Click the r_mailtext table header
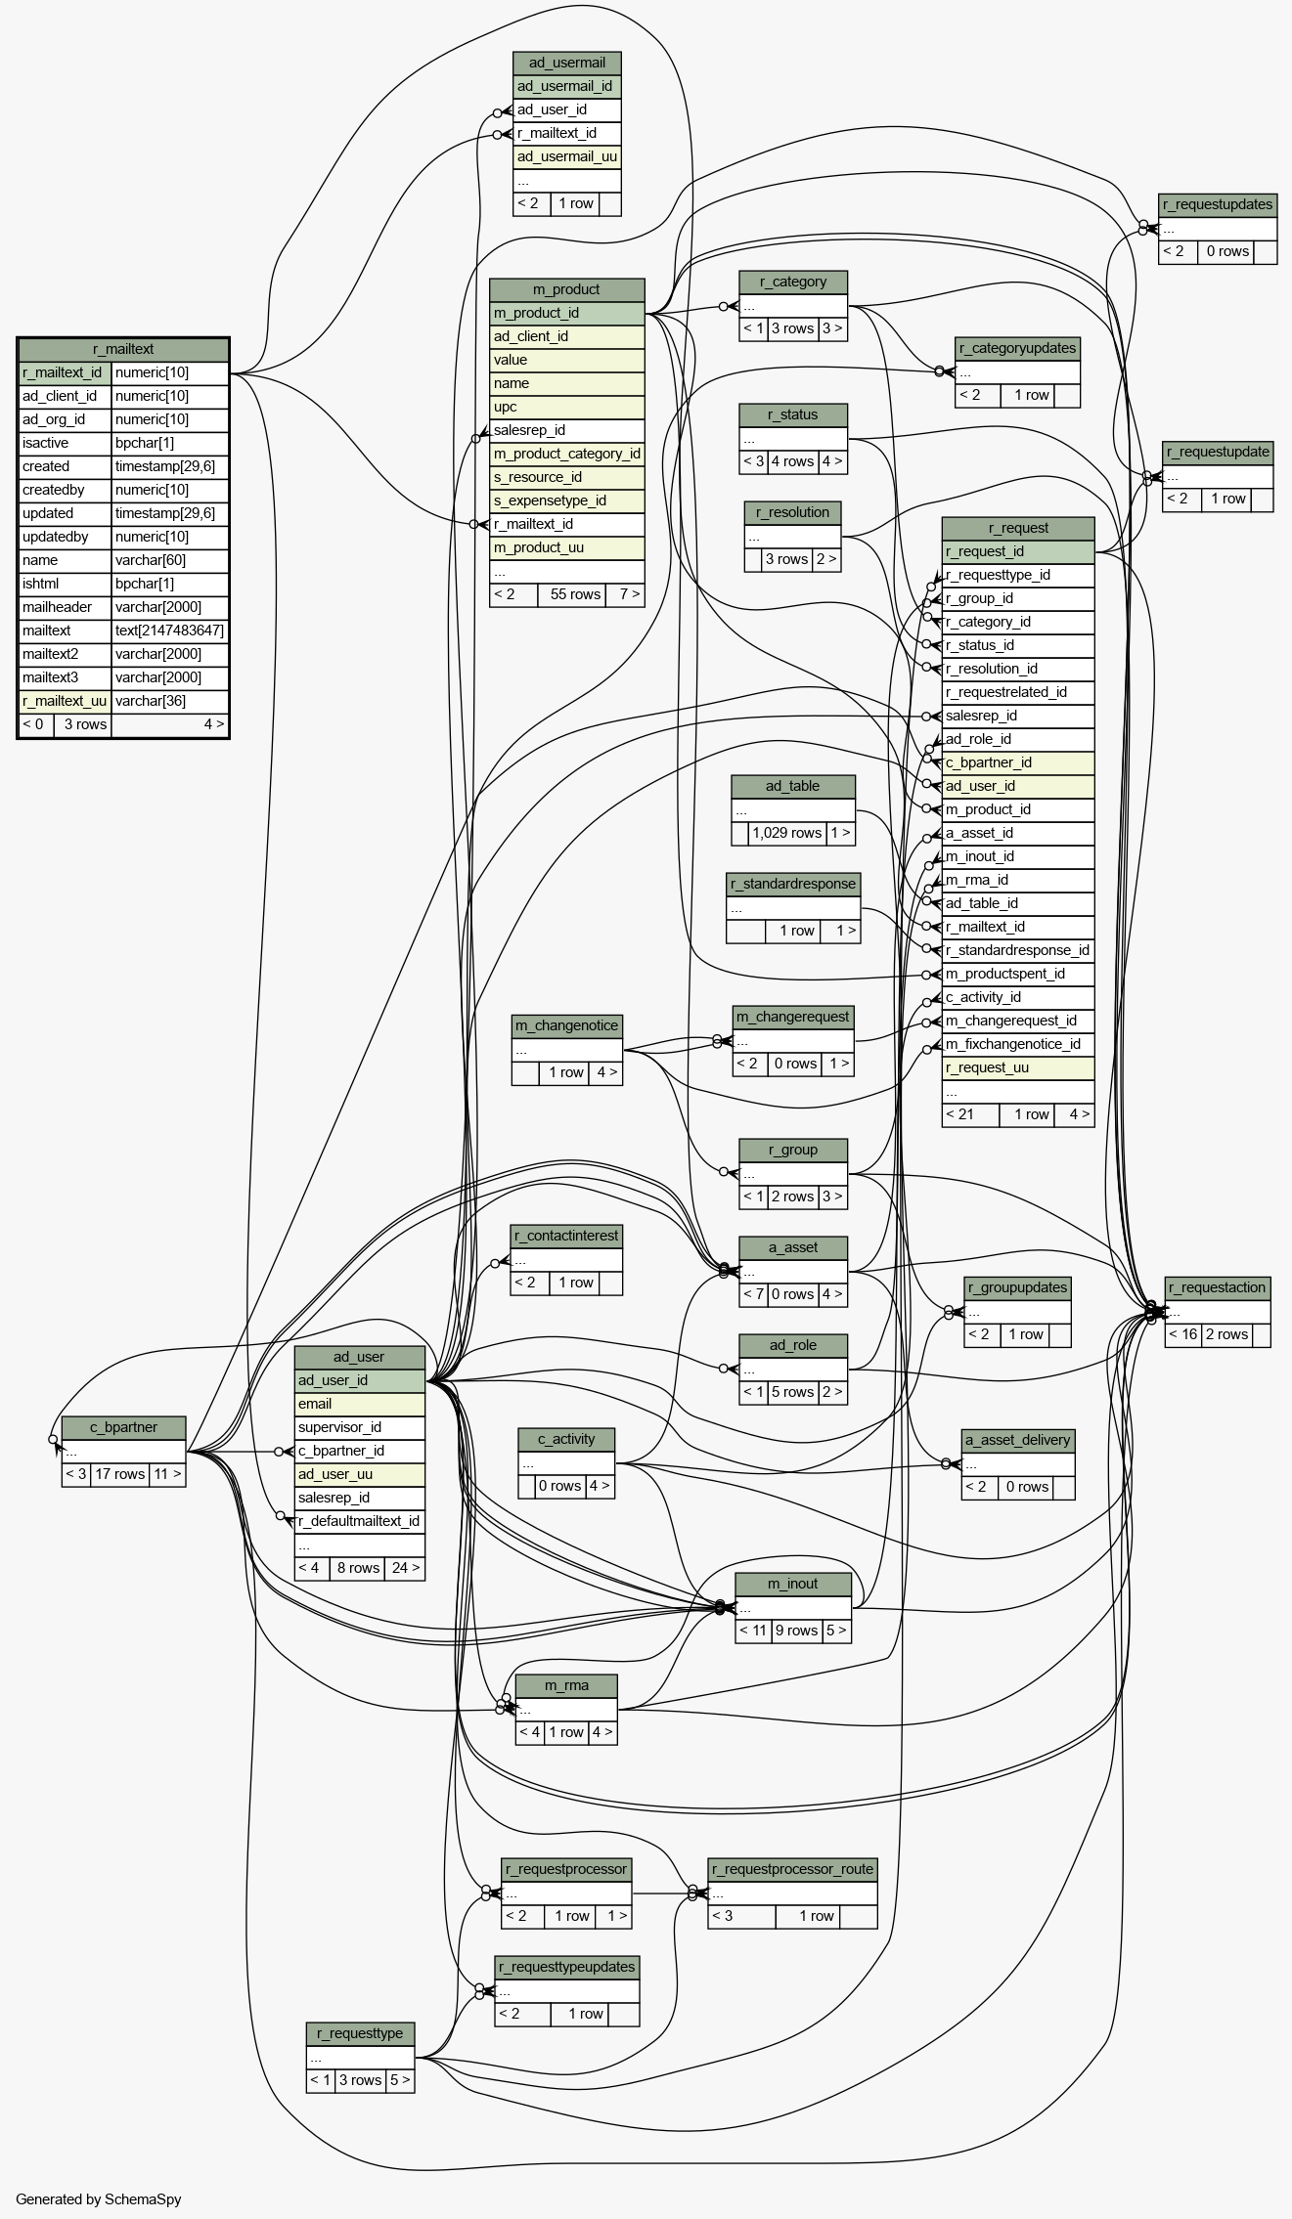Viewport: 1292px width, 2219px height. click(123, 349)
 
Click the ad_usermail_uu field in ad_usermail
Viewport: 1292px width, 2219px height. click(567, 156)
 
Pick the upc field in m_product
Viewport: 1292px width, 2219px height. click(505, 407)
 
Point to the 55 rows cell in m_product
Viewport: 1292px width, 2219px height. click(575, 594)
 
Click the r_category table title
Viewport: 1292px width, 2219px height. click(793, 282)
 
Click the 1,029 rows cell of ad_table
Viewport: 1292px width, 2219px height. click(787, 833)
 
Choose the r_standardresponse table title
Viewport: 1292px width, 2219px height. click(793, 884)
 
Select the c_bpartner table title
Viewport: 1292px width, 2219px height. click(123, 1427)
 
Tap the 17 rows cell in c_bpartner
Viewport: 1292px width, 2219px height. click(119, 1474)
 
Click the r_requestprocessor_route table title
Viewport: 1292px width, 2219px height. click(792, 1869)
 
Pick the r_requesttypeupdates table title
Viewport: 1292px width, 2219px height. click(566, 1967)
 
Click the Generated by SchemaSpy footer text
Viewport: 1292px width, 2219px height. click(99, 2199)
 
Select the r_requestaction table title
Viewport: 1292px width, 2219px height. click(1218, 1287)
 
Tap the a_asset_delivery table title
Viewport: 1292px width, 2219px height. click(1018, 1440)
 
